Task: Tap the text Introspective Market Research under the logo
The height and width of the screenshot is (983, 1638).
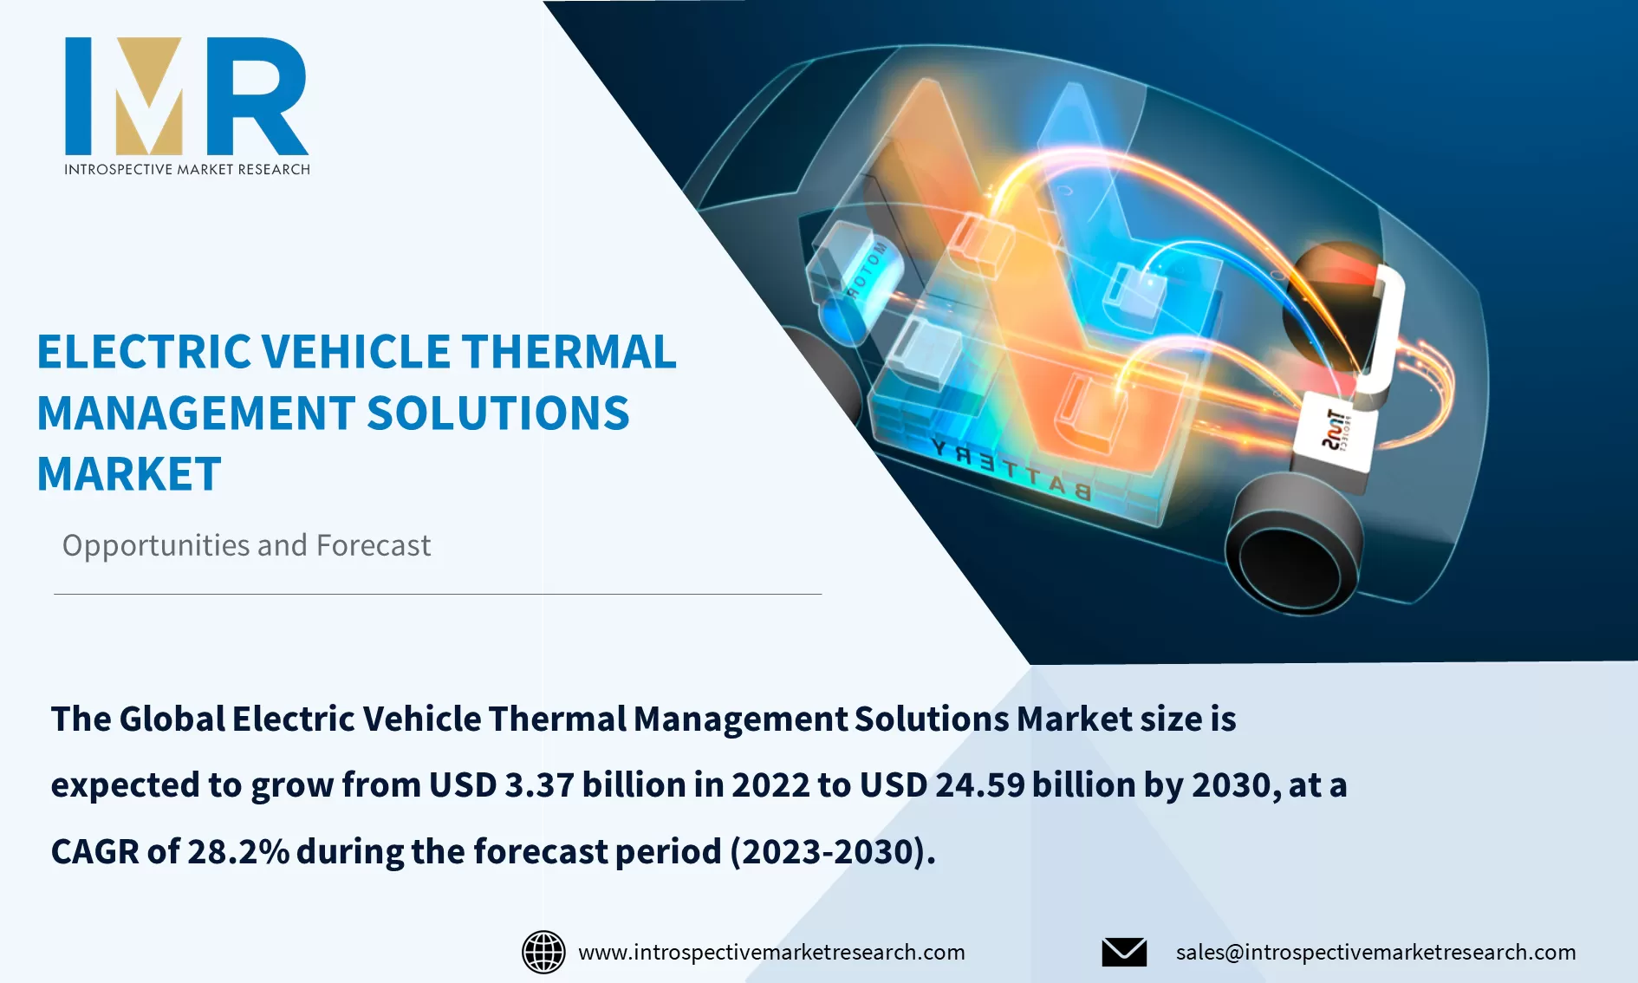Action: (x=186, y=169)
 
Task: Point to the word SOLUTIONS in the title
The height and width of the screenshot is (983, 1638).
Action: (x=498, y=413)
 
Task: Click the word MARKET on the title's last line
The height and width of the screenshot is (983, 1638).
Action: (x=129, y=474)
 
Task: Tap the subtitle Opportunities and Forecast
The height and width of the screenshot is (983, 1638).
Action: (x=246, y=545)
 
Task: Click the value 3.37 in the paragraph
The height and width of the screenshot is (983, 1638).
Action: (x=539, y=785)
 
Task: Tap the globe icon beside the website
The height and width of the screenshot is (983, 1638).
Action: (x=543, y=952)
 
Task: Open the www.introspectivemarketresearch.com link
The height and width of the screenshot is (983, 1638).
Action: (x=771, y=952)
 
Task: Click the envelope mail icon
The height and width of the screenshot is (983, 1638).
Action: (x=1124, y=952)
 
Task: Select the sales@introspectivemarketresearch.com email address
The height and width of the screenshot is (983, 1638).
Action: (x=1375, y=952)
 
